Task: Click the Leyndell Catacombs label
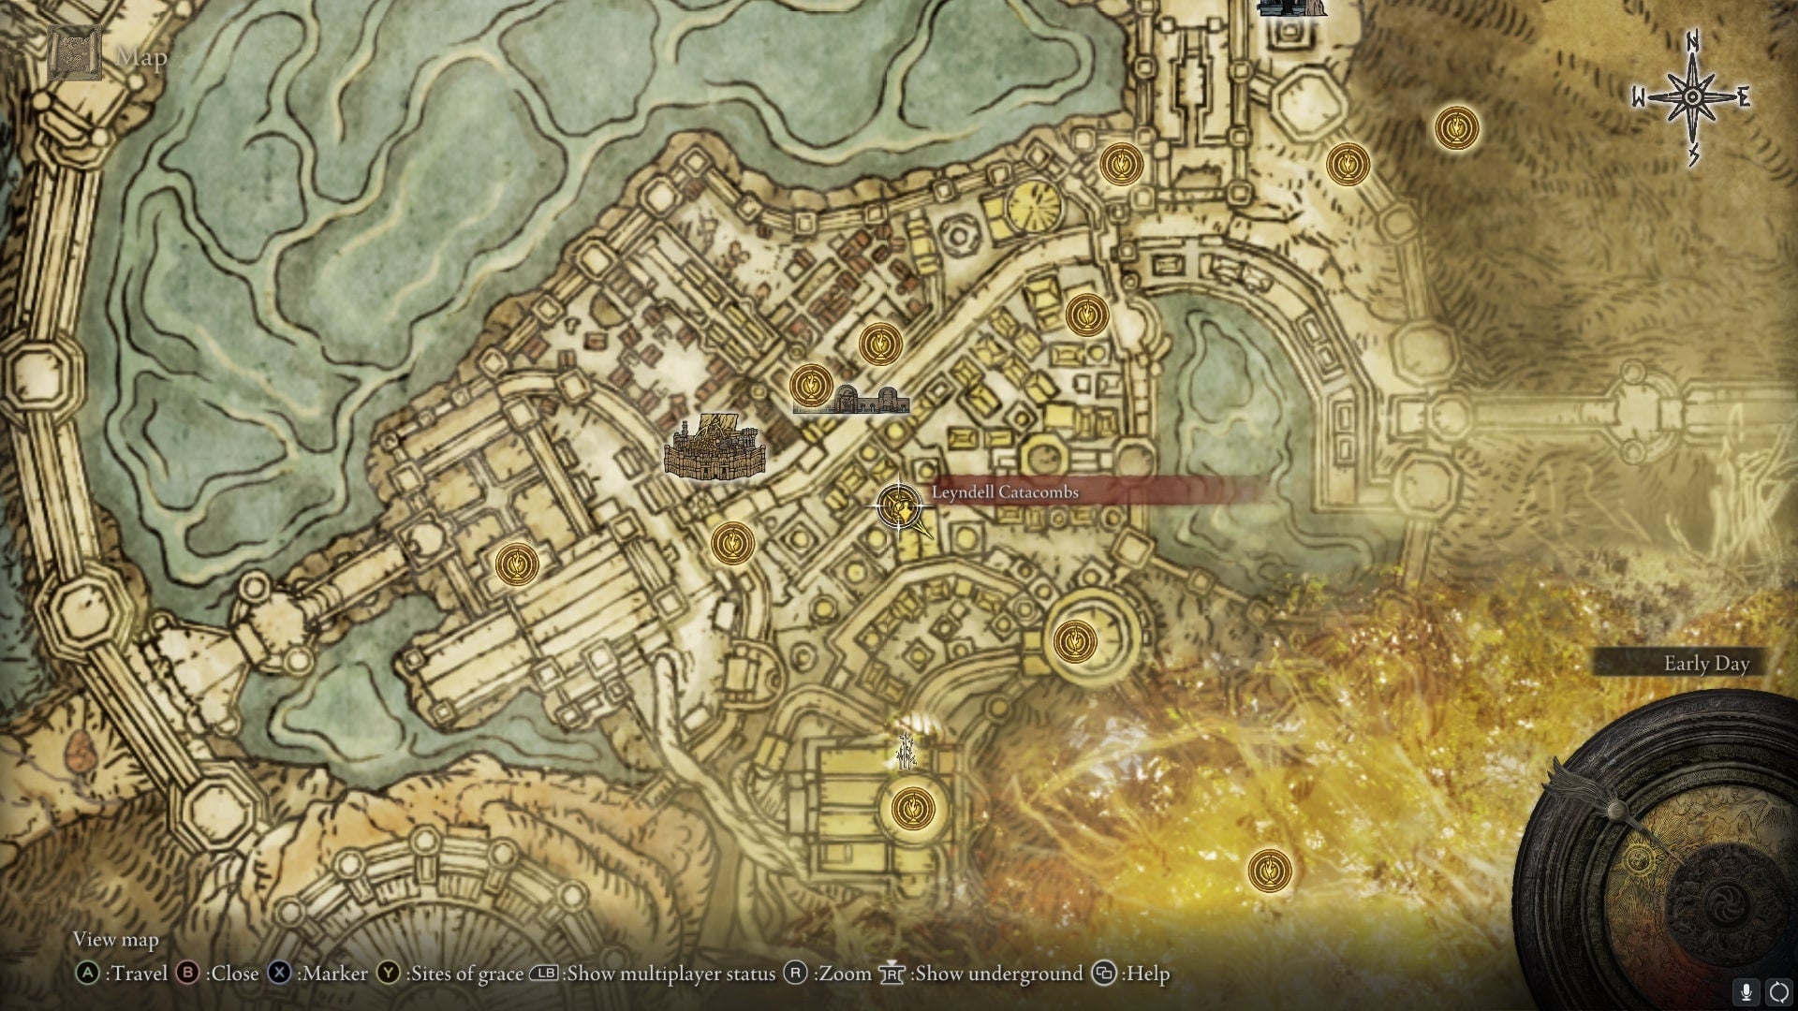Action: (1005, 492)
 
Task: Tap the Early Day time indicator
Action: (1705, 664)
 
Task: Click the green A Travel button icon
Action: (87, 974)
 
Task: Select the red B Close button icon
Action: (187, 974)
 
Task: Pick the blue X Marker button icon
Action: (279, 974)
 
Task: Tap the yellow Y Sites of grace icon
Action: (388, 974)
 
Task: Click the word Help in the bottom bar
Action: (1147, 974)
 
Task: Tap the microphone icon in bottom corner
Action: (1746, 991)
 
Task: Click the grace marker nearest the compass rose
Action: (1456, 127)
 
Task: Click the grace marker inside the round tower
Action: (1074, 642)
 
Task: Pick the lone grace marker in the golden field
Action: (1269, 871)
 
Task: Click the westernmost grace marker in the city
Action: (516, 564)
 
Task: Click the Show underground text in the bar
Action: (998, 974)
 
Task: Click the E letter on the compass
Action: (1743, 97)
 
